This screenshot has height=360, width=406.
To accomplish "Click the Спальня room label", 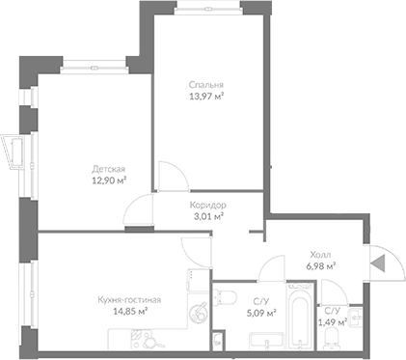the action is (206, 85).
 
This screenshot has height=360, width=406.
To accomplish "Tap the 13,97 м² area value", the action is (206, 97).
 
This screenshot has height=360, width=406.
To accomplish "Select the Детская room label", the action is (108, 169).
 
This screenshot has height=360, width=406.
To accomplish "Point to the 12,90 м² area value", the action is (109, 180).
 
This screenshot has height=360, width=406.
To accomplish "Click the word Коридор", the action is (207, 205).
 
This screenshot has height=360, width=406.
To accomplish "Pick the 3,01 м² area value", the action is (207, 216).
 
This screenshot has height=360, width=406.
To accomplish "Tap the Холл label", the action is (320, 255).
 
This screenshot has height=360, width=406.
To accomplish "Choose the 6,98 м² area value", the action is (320, 266).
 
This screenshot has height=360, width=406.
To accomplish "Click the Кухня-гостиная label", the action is (129, 300).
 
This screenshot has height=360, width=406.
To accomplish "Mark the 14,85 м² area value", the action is (130, 312).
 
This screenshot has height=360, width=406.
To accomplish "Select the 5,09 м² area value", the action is (260, 313).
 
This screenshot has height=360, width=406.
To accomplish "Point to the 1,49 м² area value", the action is (333, 321).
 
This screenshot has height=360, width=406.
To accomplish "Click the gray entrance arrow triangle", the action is (378, 263).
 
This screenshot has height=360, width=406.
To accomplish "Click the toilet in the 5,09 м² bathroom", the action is (225, 296).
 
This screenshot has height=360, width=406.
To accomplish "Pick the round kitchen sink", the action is (197, 313).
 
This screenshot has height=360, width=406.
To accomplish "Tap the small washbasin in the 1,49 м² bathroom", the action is (356, 318).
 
